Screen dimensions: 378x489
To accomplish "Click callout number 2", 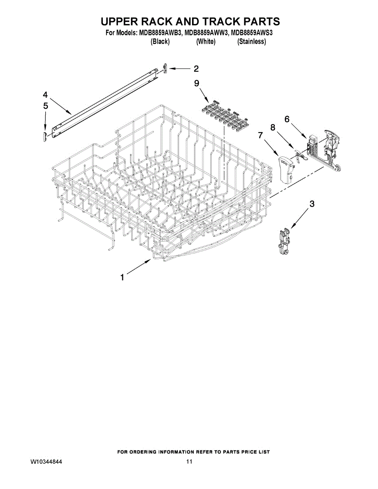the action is point(196,68).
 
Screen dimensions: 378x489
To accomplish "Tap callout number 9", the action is point(197,83).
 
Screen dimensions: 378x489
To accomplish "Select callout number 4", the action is point(45,95).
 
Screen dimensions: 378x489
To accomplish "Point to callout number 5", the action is point(45,106).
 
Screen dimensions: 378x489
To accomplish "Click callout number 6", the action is point(287,119).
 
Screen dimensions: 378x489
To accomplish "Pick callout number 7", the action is point(260,134).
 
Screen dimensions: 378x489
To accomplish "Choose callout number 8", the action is point(272,128).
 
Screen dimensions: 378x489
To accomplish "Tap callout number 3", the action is point(312,204).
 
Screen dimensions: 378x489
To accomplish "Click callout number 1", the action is point(122,278).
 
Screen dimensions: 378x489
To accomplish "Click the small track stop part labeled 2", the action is point(165,68).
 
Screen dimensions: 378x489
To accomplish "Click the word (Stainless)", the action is point(252,42).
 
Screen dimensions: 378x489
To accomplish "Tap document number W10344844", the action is point(47,462).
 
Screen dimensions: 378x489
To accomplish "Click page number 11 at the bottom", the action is point(189,462).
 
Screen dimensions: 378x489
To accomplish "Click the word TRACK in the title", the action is point(221,21).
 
